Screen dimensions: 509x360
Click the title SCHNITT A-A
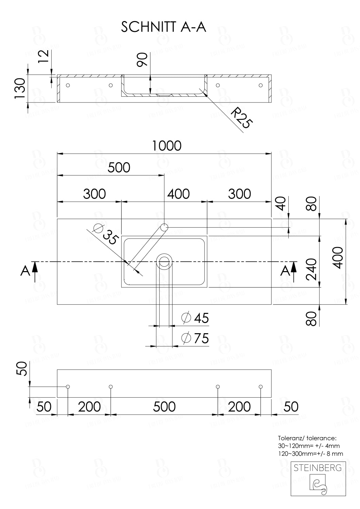point(163,27)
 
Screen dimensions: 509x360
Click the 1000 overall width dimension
point(166,146)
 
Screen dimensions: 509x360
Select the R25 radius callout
point(241,118)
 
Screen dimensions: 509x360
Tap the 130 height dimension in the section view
point(20,88)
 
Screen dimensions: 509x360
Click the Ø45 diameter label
point(195,318)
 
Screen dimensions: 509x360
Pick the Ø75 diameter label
point(195,338)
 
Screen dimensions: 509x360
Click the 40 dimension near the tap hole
point(281,204)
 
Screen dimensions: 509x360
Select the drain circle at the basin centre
point(164,262)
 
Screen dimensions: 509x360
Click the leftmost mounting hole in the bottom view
point(68,387)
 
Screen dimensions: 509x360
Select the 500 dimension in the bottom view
point(164,407)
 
